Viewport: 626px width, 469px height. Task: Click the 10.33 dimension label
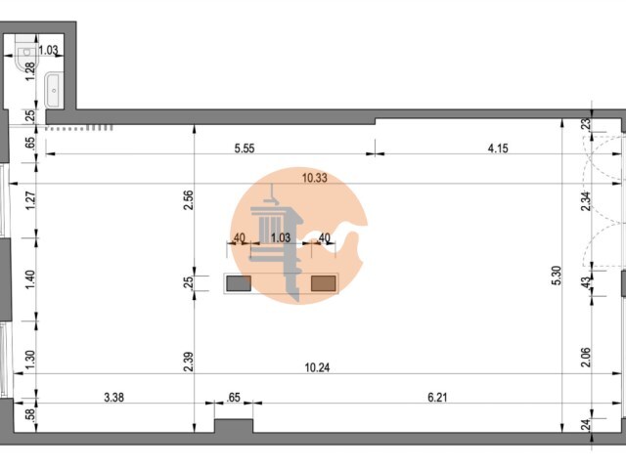[x=315, y=178]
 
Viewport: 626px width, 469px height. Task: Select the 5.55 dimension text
[x=245, y=149]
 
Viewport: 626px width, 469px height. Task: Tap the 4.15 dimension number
[x=498, y=149]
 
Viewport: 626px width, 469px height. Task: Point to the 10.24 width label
[x=317, y=367]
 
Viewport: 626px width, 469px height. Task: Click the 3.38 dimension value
[x=113, y=398]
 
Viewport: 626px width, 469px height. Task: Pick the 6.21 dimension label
[x=437, y=398]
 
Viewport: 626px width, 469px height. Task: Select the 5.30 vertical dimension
[x=557, y=276]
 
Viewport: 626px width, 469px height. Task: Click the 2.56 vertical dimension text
[x=189, y=200]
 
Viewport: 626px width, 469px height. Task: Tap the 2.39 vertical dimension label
[x=189, y=362]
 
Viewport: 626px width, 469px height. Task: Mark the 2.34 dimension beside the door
[x=585, y=202]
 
